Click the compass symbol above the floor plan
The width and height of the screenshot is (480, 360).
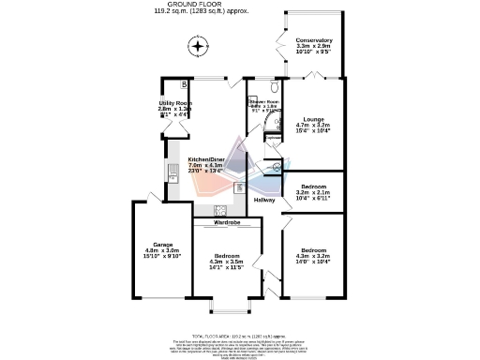(197, 45)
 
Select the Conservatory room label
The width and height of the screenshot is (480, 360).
(313, 40)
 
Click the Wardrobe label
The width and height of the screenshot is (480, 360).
(228, 223)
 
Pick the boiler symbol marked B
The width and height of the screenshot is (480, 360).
(185, 85)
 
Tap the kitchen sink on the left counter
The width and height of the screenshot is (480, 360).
(173, 174)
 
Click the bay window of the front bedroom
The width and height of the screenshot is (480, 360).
(228, 306)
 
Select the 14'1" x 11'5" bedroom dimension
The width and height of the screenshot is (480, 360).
(228, 267)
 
